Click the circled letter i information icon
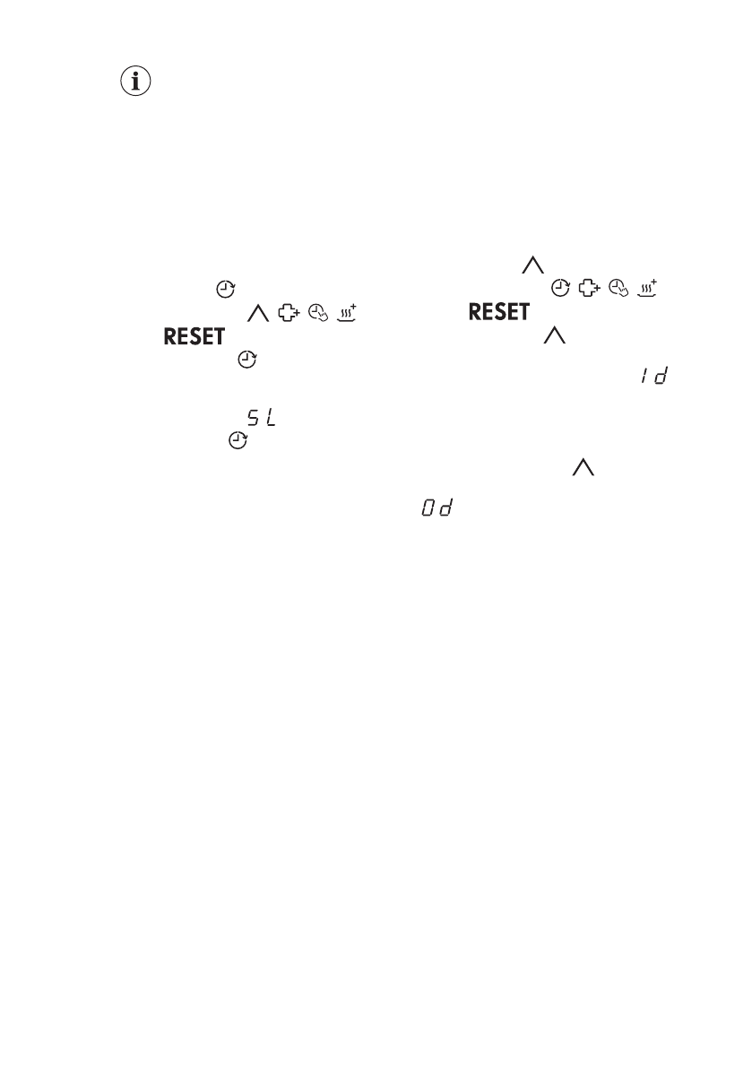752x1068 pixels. click(135, 82)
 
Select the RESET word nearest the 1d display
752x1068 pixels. click(500, 312)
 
